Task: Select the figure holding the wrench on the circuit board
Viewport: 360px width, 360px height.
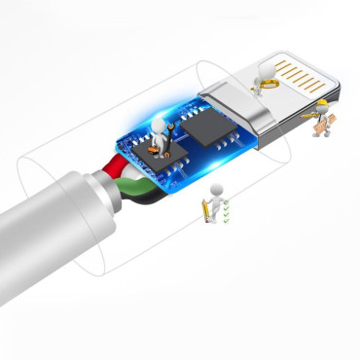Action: tap(160, 133)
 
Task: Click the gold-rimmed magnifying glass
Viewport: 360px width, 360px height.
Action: tap(264, 85)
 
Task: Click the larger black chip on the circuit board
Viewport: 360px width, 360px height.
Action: tap(206, 125)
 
